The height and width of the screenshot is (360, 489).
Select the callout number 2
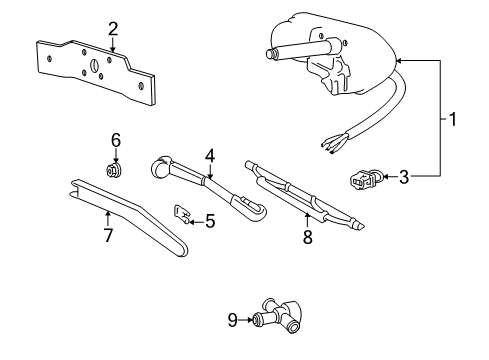tap(113, 28)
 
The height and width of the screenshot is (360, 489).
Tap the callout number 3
tap(403, 178)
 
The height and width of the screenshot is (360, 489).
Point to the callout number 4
tap(210, 155)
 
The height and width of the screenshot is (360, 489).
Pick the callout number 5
tap(210, 221)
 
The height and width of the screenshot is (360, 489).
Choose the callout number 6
tap(116, 140)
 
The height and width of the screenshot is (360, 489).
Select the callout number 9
tap(232, 320)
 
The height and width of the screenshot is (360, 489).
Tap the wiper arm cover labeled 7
tap(130, 215)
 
